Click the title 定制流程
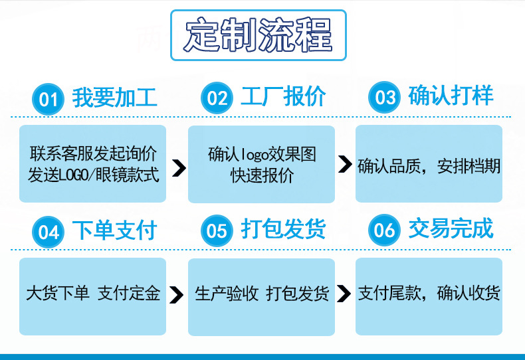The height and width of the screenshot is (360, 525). click(259, 35)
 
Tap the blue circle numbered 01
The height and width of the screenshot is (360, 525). click(49, 100)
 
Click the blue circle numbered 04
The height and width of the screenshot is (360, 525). click(49, 232)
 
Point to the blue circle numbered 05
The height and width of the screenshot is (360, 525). click(217, 231)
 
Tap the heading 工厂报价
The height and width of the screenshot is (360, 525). click(283, 97)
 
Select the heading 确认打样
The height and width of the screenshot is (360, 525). click(451, 96)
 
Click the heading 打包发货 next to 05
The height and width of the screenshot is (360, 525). click(283, 229)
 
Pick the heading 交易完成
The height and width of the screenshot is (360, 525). click(451, 228)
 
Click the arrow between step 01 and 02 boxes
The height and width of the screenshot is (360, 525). click(177, 167)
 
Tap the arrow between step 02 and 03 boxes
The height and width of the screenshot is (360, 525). click(345, 165)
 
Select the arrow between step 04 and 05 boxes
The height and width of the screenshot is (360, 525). click(177, 295)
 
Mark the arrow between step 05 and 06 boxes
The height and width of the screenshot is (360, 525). click(344, 293)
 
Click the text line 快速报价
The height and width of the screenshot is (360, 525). click(262, 176)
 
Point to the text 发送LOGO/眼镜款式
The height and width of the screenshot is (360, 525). click(94, 176)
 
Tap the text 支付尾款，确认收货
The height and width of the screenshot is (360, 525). click(429, 293)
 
